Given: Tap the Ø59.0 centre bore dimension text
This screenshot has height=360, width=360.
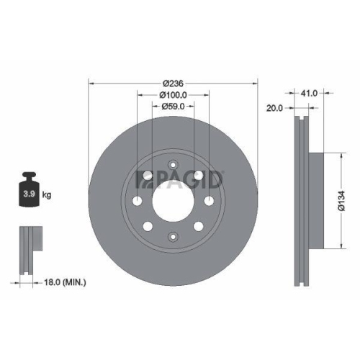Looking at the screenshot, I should tap(172, 107).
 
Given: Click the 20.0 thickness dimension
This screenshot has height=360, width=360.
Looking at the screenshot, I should tap(273, 109).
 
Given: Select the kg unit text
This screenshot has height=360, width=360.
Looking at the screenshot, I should tap(47, 195).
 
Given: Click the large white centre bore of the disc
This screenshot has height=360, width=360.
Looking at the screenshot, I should tap(173, 202).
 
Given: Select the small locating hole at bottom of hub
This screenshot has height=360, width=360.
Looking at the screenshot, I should tap(173, 236).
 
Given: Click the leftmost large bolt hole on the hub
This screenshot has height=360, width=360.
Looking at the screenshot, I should tap(137, 201).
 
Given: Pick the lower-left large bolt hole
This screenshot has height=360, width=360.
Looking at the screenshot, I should tap(148, 227).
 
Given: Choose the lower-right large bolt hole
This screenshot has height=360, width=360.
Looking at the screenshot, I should tap(198, 227).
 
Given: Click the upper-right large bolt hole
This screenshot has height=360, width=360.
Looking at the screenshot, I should tap(198, 176).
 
